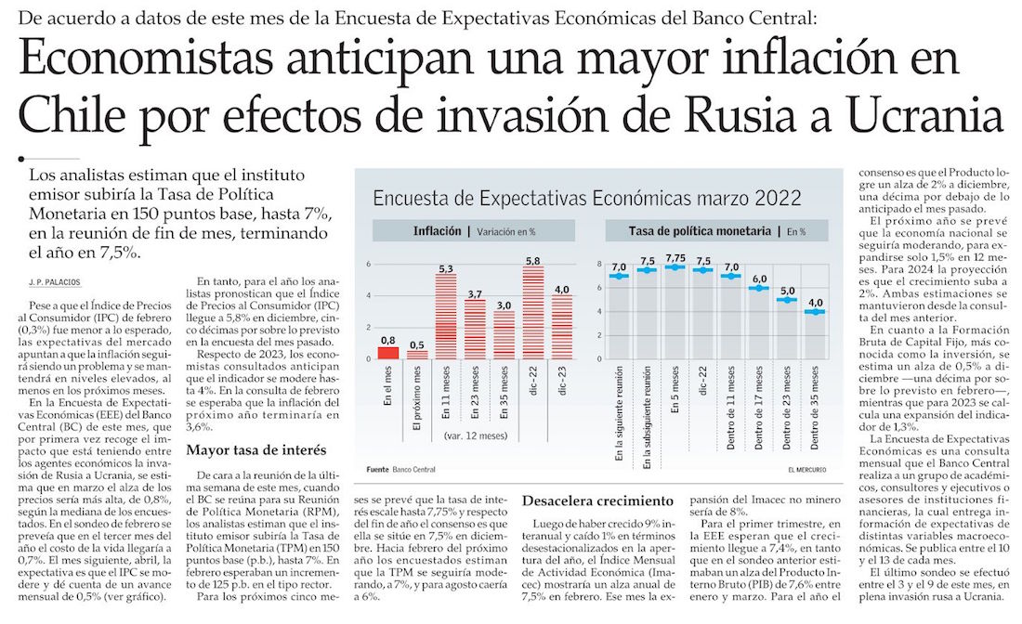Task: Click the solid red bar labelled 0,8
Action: (387, 352)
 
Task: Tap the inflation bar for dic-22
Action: (534, 312)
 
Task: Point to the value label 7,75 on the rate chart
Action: (675, 257)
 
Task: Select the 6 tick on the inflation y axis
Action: (368, 264)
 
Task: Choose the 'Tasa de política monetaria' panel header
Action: (703, 230)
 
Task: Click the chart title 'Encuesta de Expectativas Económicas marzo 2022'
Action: (586, 198)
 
